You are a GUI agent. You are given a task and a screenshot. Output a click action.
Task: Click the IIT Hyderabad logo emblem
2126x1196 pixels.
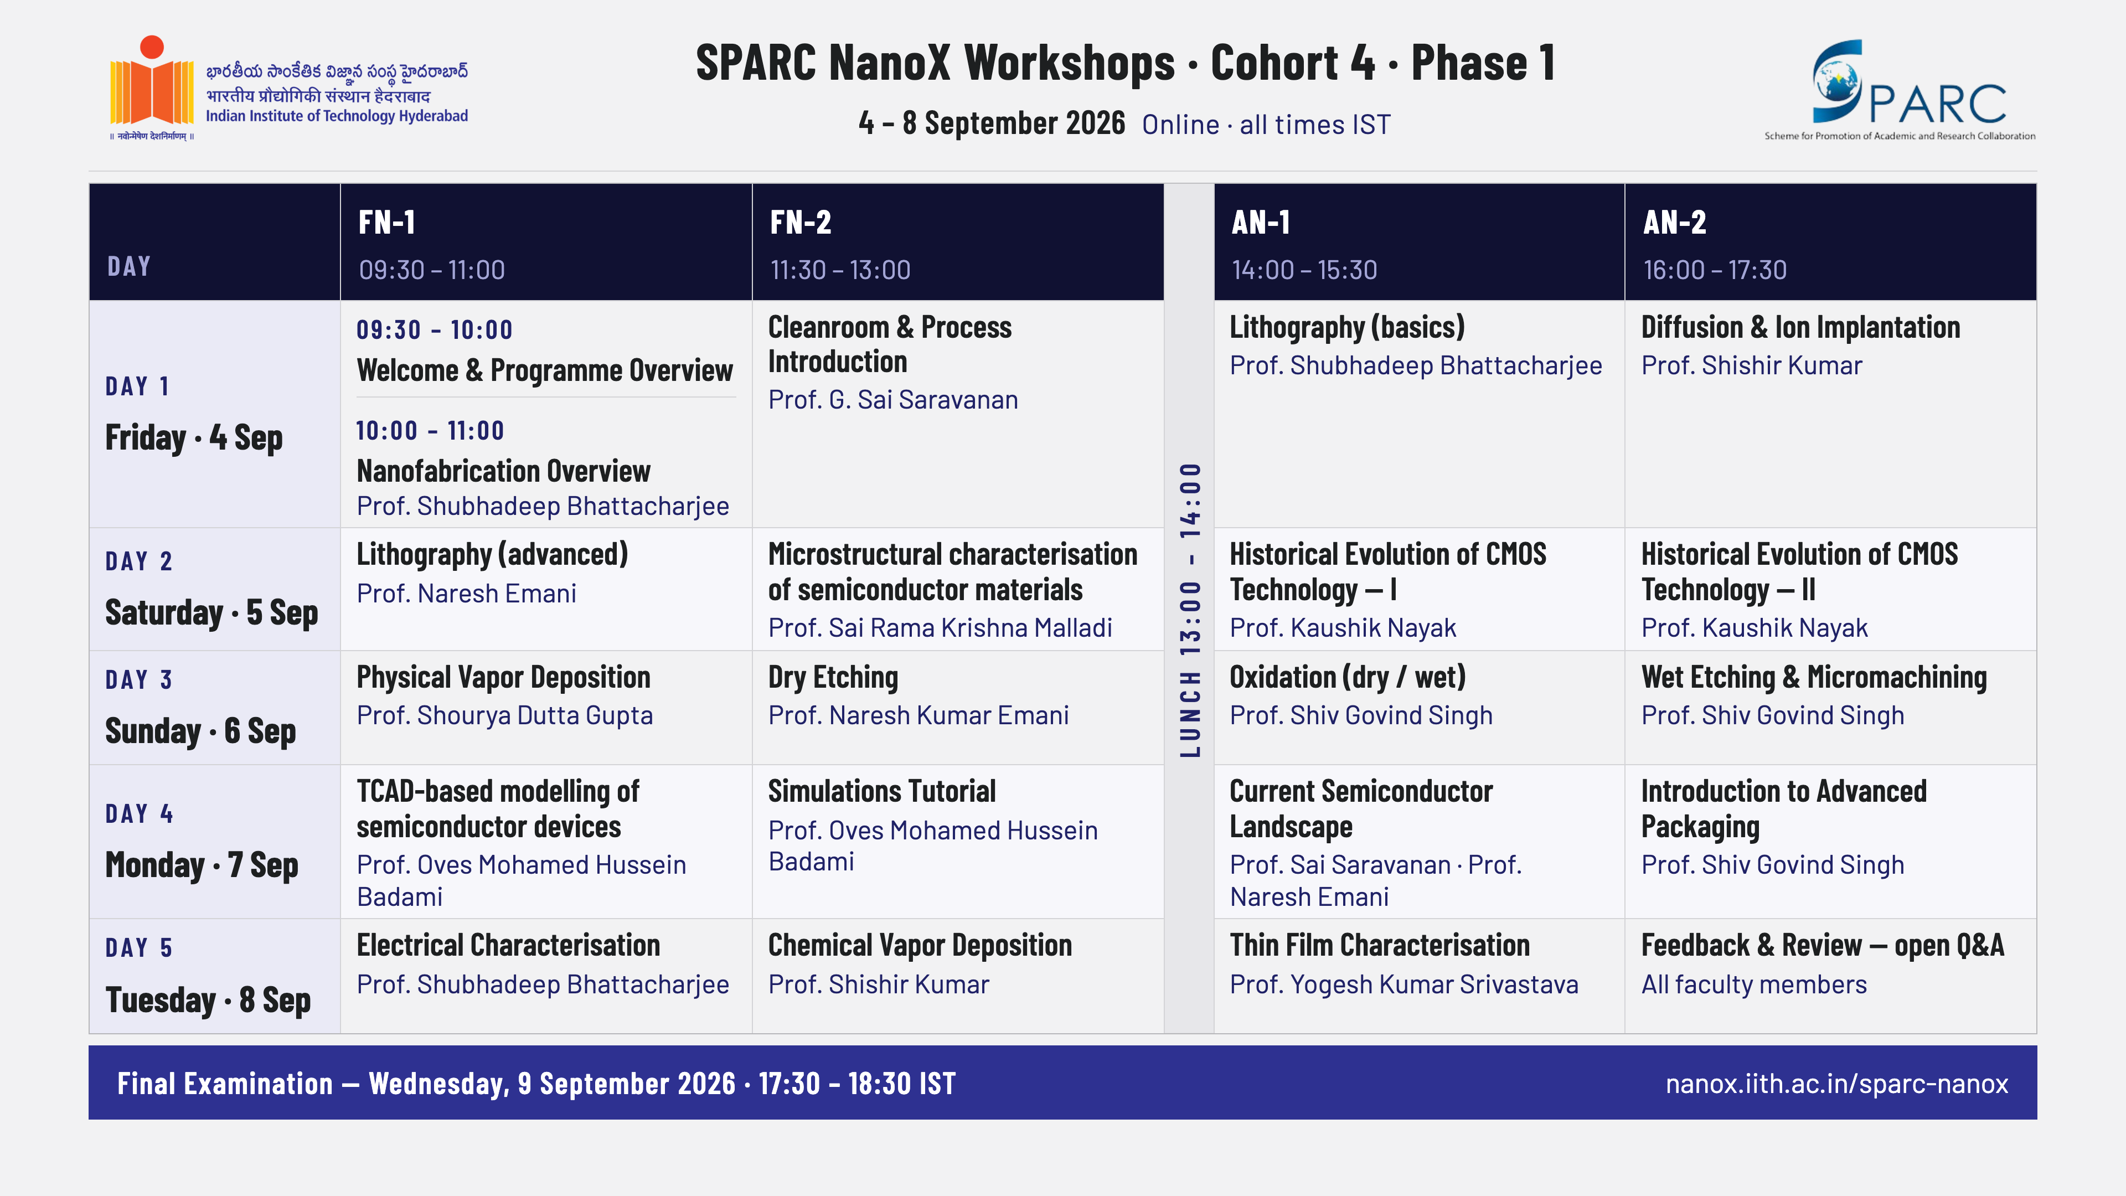[x=152, y=87]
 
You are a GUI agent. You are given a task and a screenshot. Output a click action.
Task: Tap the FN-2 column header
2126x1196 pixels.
[x=801, y=222]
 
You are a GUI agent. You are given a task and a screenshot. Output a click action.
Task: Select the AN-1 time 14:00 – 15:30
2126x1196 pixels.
[x=1304, y=270]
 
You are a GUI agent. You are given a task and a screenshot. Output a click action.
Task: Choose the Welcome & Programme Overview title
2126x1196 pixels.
[x=545, y=370]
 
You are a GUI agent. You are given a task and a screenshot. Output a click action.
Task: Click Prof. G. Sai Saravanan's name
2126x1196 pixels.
[x=893, y=399]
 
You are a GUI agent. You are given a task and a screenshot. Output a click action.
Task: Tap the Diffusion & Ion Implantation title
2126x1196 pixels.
[x=1800, y=328]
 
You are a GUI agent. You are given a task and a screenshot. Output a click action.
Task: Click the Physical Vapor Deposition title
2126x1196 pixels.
[x=503, y=678]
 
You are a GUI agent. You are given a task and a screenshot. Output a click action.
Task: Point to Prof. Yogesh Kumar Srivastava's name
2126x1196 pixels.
[x=1404, y=984]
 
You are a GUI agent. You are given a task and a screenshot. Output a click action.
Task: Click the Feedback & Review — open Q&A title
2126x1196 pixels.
[x=1822, y=946]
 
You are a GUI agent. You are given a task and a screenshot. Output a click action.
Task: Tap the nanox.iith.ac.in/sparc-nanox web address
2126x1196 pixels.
[x=1836, y=1084]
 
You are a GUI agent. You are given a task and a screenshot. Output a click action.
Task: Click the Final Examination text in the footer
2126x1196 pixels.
[x=224, y=1084]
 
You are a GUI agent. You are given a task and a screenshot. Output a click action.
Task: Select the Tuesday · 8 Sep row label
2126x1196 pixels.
[x=208, y=1001]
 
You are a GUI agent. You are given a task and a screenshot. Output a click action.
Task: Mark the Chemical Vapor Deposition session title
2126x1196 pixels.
[x=920, y=946]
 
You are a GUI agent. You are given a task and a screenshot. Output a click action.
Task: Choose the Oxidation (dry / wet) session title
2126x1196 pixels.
[x=1347, y=678]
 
